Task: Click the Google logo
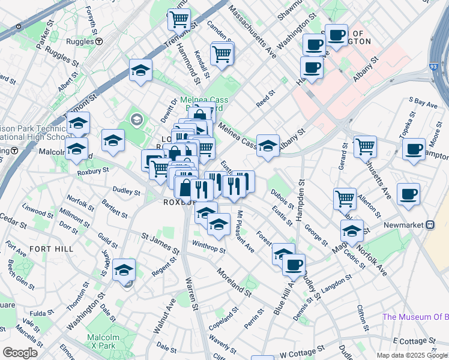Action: click(x=20, y=353)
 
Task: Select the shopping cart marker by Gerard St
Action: click(x=364, y=146)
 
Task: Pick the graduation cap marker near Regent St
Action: click(x=124, y=271)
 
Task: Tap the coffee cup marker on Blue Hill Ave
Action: click(x=294, y=264)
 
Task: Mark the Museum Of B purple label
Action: click(x=415, y=317)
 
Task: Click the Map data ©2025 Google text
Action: click(x=411, y=355)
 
